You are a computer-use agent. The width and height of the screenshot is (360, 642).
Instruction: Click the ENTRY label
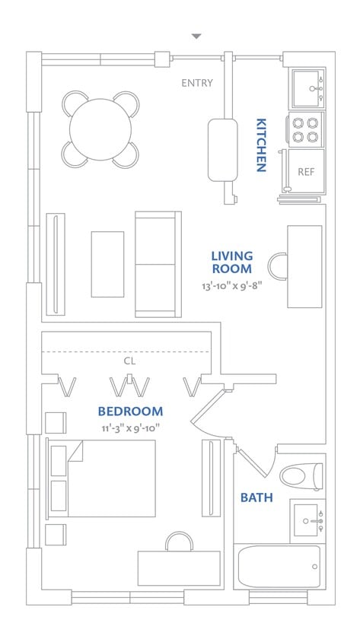click(x=197, y=83)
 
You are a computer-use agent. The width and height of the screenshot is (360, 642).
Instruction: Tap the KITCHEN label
click(x=260, y=145)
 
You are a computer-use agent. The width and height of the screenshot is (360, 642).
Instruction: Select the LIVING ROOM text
click(x=232, y=262)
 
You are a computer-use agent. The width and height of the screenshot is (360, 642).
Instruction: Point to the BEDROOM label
click(x=130, y=412)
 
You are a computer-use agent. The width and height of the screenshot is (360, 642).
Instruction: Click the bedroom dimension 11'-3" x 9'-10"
click(x=130, y=427)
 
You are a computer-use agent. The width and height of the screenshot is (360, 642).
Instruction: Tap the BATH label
click(x=256, y=498)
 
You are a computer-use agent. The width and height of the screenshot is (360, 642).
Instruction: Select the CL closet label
click(x=129, y=361)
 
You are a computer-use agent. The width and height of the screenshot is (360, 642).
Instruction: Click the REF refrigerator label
click(x=306, y=172)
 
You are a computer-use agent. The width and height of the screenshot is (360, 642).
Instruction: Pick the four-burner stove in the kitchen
click(x=305, y=130)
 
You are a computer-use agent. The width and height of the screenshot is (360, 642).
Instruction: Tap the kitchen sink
click(x=306, y=88)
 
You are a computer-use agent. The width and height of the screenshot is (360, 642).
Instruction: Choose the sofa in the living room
click(x=158, y=264)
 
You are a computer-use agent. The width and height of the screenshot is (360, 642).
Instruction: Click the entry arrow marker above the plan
click(x=196, y=36)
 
